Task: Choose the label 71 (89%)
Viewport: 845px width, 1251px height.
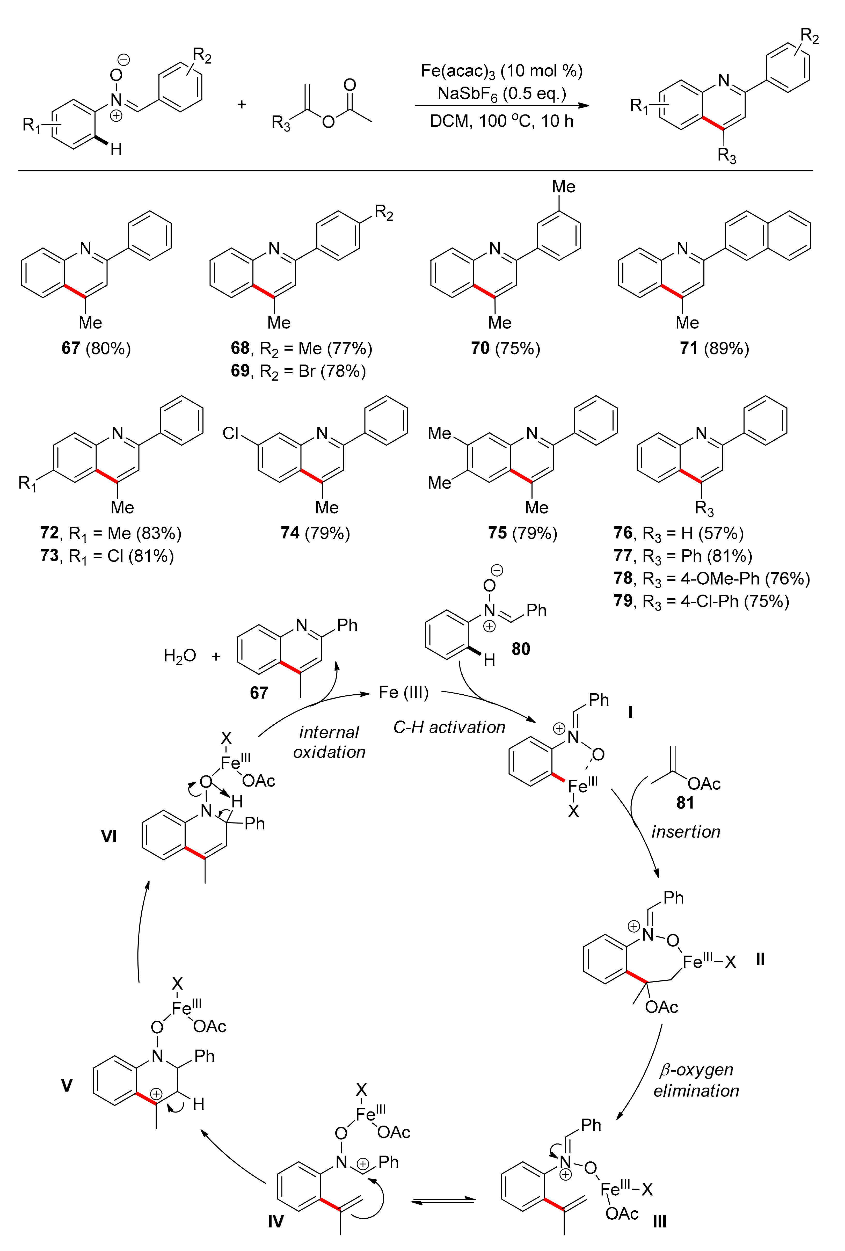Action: coord(714,348)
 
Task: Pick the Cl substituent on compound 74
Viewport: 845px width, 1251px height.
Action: coord(230,433)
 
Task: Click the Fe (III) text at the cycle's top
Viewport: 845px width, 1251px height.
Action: coord(404,692)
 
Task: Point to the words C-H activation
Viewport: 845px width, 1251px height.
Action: coord(449,727)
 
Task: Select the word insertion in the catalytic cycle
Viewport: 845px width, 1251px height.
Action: coord(685,832)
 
